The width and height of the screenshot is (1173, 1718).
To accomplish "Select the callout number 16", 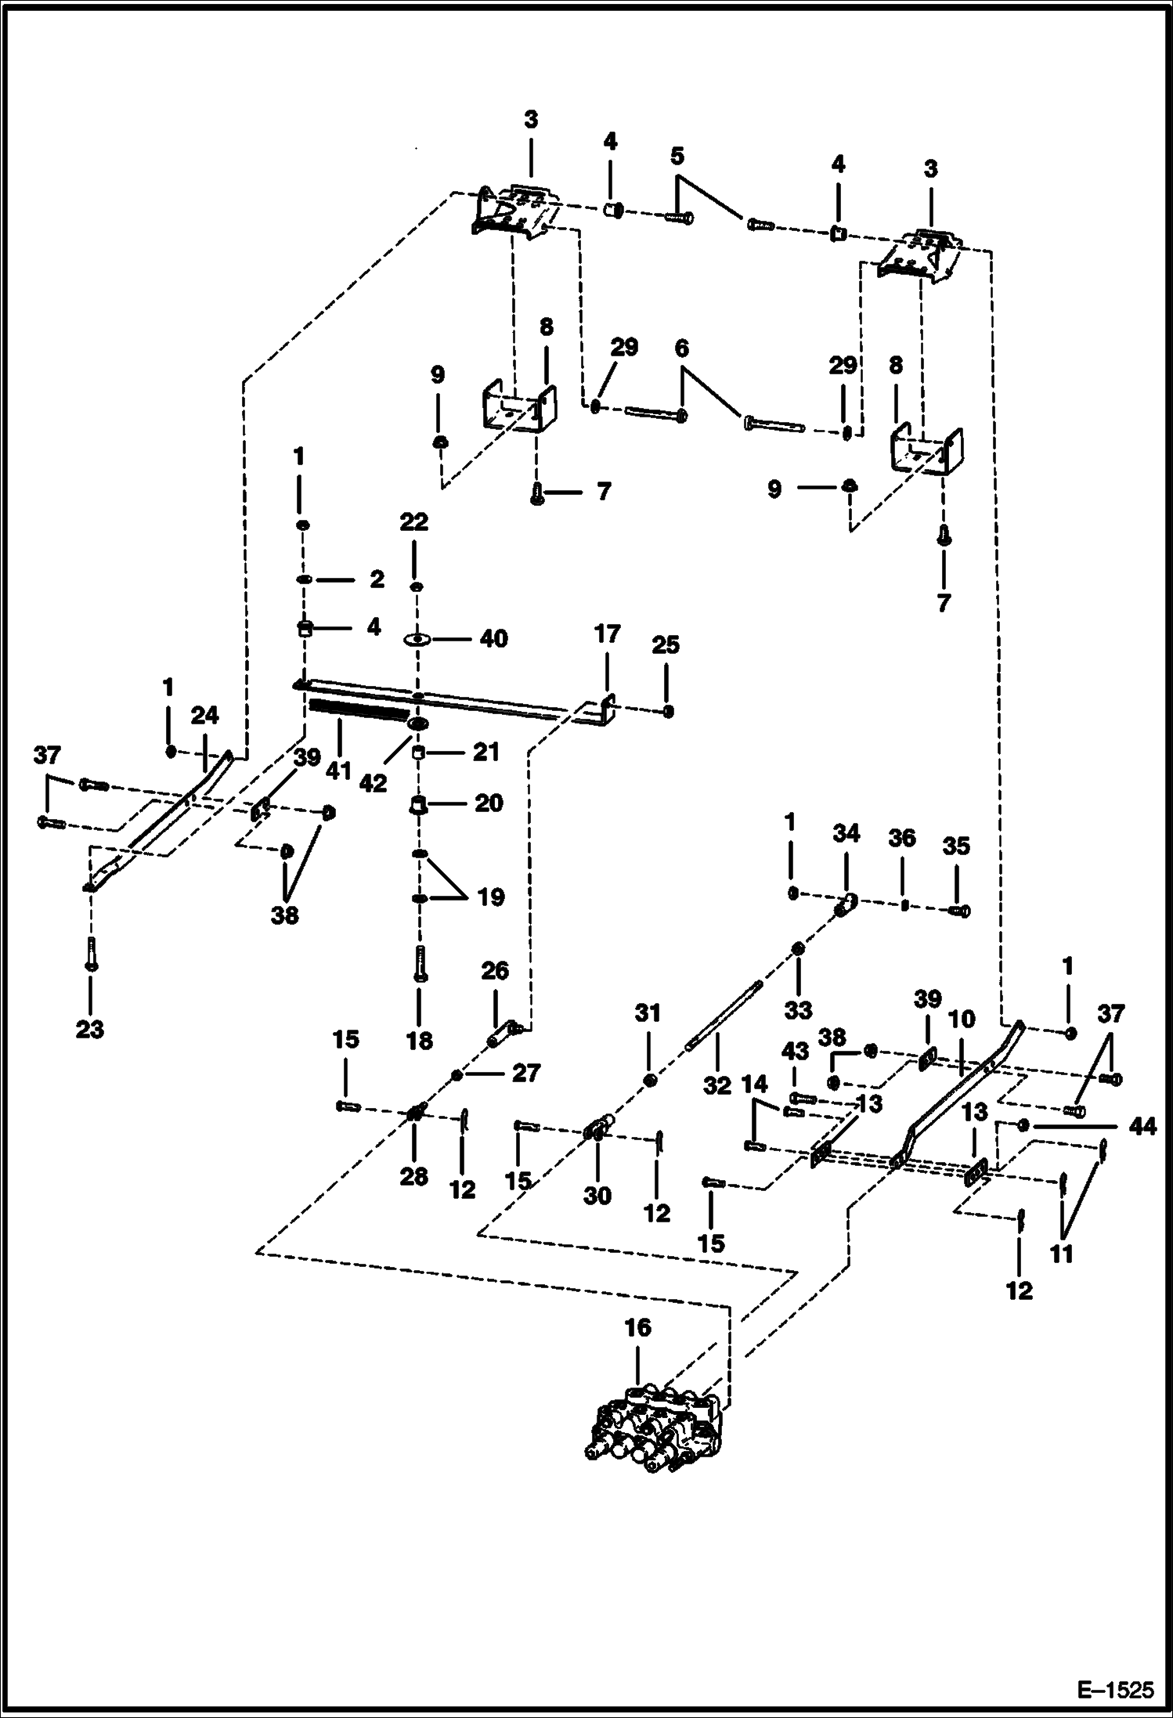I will click(637, 1328).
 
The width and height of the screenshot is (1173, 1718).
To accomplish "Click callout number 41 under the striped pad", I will click(338, 771).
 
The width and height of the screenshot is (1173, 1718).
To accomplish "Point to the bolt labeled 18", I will click(420, 962).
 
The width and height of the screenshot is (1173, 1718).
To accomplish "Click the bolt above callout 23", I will click(92, 953).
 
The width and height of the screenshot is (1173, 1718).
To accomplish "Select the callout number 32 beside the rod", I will click(716, 1085).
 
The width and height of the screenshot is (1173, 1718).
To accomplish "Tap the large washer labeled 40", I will click(417, 640).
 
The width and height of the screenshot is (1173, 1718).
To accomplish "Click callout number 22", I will click(413, 522).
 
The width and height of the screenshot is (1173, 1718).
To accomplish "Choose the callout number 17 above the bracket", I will click(607, 633).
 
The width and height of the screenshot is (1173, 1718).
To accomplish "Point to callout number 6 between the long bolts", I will click(681, 349).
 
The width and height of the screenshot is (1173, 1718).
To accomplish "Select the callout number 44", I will click(1143, 1127).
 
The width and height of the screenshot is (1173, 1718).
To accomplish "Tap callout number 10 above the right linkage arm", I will click(962, 1020).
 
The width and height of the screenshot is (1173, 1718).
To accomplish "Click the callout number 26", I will click(495, 971).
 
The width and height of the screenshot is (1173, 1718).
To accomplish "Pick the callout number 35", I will click(956, 846).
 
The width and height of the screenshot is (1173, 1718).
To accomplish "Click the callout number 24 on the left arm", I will click(204, 716).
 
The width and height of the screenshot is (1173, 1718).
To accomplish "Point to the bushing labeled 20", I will click(419, 804).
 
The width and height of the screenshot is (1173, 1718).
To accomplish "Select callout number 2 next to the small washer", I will click(377, 579).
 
